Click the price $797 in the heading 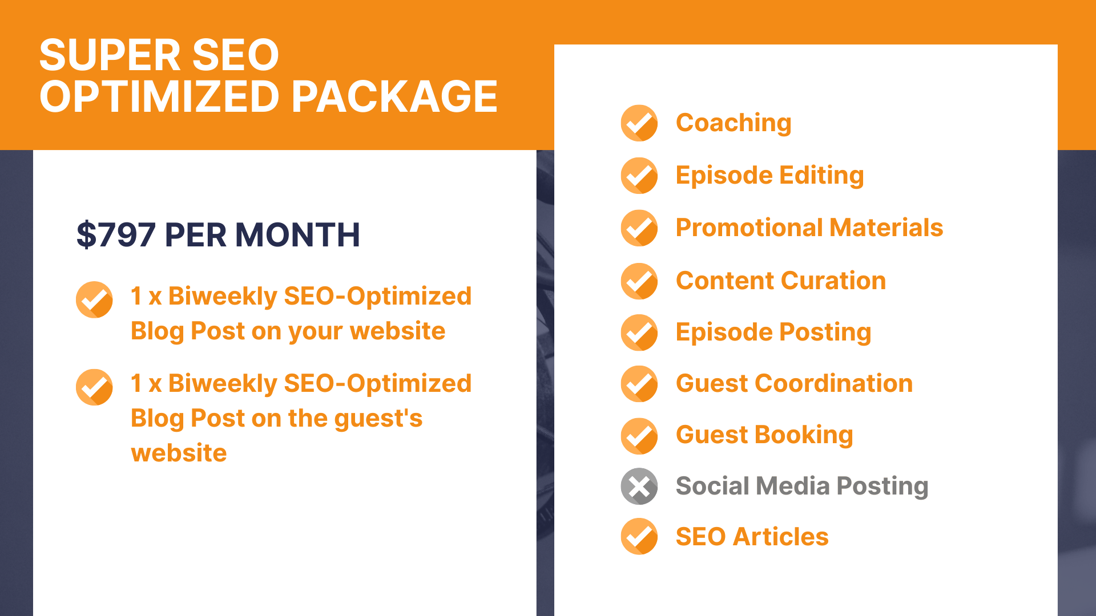[x=116, y=234]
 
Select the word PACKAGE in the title [x=394, y=96]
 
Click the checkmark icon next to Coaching [x=639, y=123]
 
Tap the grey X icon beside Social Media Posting [x=639, y=487]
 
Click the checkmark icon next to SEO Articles [x=639, y=537]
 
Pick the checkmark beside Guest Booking [x=639, y=436]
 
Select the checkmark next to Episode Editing [x=639, y=176]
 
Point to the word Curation [x=834, y=281]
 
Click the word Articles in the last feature [x=781, y=537]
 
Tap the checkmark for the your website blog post [x=94, y=299]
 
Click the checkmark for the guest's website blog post [x=94, y=387]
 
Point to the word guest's [x=378, y=419]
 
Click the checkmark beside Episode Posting [x=639, y=333]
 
